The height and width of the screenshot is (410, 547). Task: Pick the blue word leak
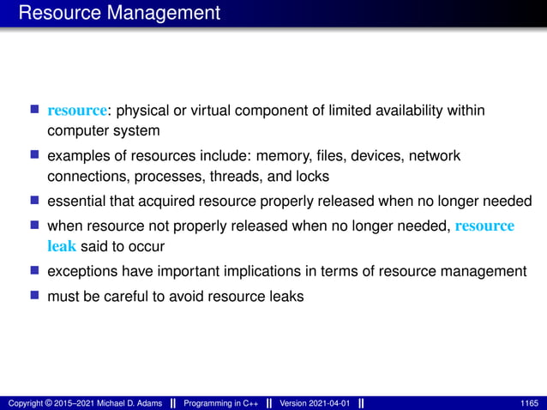click(x=61, y=245)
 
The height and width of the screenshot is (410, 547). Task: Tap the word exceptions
click(x=82, y=272)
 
